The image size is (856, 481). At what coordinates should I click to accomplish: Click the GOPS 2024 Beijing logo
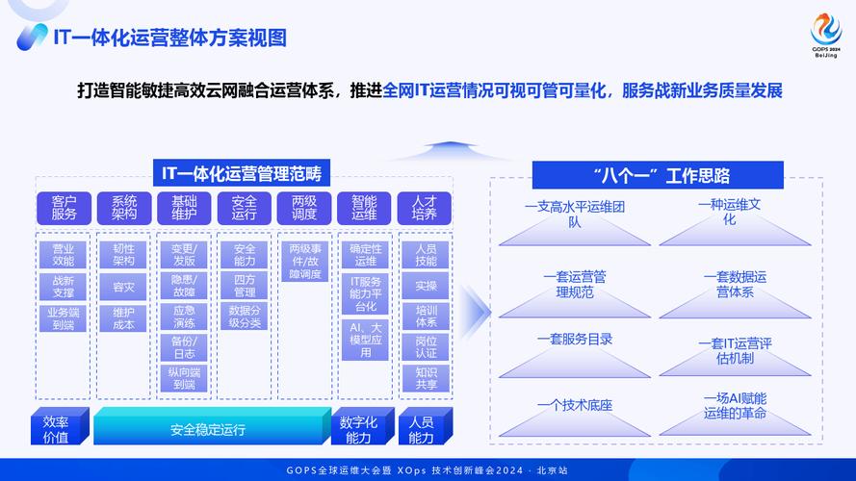825,36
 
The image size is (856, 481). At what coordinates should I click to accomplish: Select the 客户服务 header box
64,208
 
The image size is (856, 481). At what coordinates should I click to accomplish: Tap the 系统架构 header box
124,208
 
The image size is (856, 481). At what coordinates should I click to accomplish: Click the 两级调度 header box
304,208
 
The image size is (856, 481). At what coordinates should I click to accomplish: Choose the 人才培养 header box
425,208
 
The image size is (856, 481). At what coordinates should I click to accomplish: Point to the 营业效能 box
64,254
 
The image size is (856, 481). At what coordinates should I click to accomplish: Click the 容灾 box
124,287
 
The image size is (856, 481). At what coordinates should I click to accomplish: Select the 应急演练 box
184,317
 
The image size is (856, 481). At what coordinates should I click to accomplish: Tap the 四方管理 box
245,286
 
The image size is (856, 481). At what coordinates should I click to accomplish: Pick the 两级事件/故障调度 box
304,261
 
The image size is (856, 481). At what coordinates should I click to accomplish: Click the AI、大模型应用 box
365,340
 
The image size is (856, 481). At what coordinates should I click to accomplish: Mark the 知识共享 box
426,378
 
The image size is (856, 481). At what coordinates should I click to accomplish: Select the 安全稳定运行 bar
208,429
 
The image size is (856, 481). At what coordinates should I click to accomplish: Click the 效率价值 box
56,429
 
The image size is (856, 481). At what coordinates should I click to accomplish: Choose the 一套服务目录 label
575,340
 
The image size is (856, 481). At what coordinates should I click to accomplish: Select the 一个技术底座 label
575,405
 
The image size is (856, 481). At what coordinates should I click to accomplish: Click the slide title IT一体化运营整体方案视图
169,38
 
